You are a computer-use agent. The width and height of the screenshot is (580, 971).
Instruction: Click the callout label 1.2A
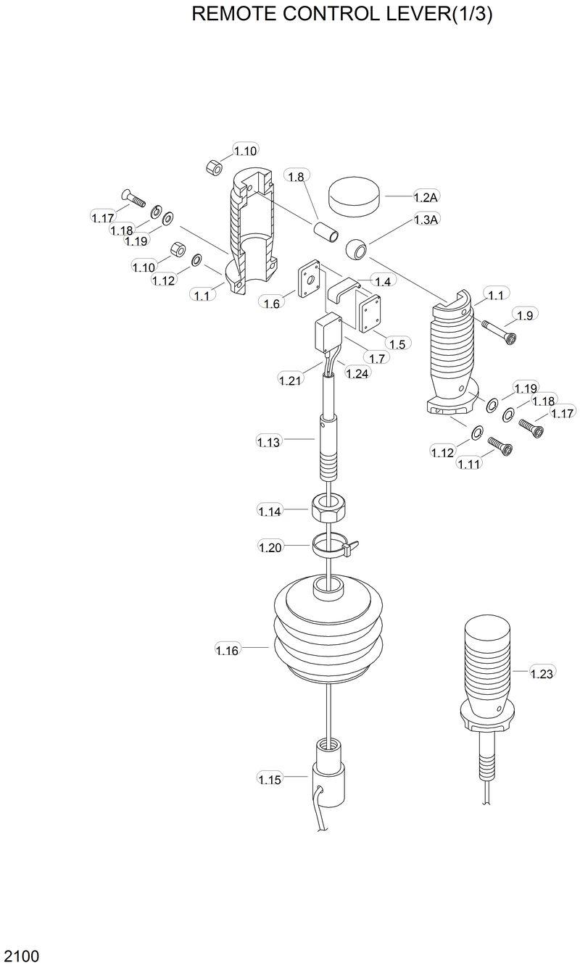pyautogui.click(x=426, y=197)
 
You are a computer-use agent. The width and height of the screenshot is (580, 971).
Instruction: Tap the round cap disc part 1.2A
pyautogui.click(x=355, y=194)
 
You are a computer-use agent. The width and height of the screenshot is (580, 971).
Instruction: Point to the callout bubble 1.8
pyautogui.click(x=297, y=176)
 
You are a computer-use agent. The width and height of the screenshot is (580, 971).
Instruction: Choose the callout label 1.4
pyautogui.click(x=382, y=280)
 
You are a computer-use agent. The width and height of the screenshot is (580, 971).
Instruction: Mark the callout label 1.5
pyautogui.click(x=397, y=343)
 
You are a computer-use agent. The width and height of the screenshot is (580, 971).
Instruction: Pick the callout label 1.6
pyautogui.click(x=271, y=304)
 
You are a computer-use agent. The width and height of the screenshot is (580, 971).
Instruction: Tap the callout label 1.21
pyautogui.click(x=291, y=378)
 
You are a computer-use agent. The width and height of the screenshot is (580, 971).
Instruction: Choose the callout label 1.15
pyautogui.click(x=270, y=780)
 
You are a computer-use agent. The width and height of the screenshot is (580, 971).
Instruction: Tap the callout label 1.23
pyautogui.click(x=542, y=673)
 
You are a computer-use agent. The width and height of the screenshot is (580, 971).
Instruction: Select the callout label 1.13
pyautogui.click(x=268, y=441)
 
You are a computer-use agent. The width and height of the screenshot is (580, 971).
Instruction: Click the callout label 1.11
pyautogui.click(x=469, y=464)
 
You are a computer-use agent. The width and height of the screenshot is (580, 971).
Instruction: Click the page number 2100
pyautogui.click(x=20, y=956)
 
